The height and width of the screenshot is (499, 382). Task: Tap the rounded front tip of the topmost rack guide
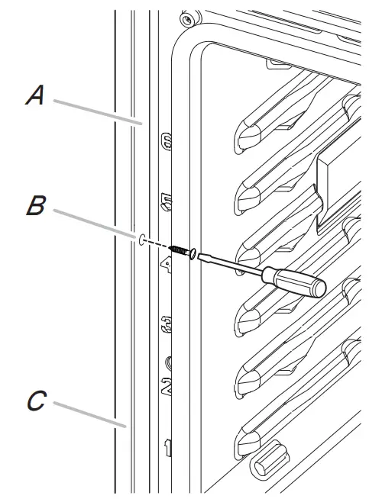coord(248,137)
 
